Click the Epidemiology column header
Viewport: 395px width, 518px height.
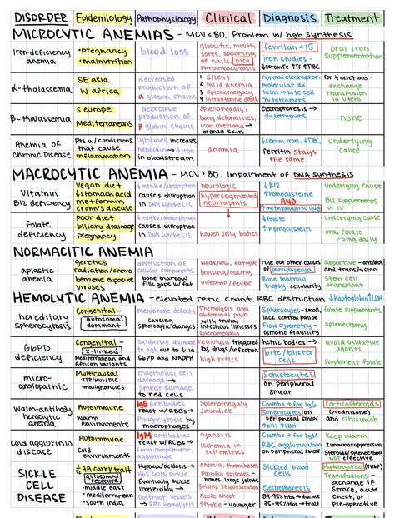point(102,17)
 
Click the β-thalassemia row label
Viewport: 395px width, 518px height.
point(37,119)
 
